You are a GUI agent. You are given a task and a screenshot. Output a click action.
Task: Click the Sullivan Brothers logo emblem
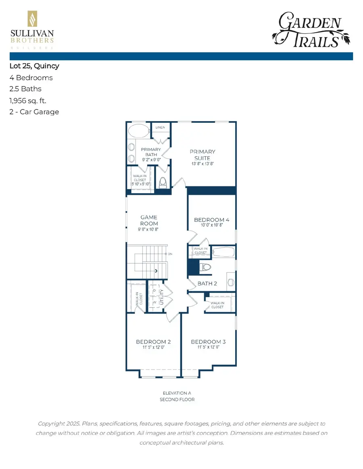(32, 20)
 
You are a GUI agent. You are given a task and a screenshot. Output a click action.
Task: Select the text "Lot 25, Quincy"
(34, 66)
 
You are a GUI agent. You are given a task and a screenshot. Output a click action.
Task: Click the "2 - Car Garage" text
(34, 112)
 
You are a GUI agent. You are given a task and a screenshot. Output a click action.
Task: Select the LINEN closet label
(160, 128)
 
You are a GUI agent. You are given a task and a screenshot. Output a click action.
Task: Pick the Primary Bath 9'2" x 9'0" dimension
(151, 160)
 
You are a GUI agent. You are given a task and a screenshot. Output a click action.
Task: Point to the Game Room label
(149, 220)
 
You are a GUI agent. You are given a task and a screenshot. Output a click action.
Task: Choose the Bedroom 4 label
(211, 220)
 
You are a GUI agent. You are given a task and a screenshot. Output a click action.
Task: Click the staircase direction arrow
(156, 271)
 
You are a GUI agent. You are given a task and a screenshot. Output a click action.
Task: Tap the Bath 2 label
(207, 283)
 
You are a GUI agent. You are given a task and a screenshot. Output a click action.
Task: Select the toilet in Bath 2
(206, 267)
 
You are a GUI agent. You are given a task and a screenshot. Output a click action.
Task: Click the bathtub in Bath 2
(223, 252)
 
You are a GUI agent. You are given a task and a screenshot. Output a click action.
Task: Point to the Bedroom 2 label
(153, 342)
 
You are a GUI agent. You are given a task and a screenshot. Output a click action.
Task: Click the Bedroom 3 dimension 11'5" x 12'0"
(208, 347)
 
